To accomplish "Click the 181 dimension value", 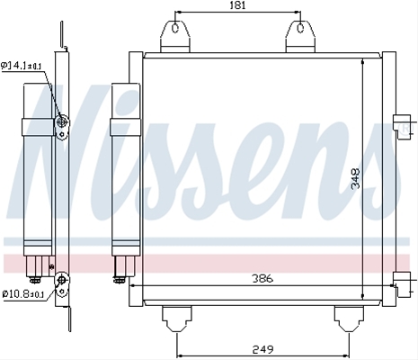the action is [x=238, y=5].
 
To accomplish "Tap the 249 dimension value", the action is [x=263, y=349].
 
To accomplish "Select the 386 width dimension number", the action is [x=262, y=278].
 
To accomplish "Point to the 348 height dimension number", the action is [x=355, y=178].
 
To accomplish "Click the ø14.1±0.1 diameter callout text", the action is [x=22, y=65].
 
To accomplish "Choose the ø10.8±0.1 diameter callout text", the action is [x=23, y=294].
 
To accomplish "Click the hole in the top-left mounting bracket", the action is [x=175, y=29].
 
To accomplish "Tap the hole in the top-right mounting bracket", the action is [x=300, y=29].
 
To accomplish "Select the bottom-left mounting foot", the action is [x=177, y=319].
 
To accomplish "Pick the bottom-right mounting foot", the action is [x=349, y=319].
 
